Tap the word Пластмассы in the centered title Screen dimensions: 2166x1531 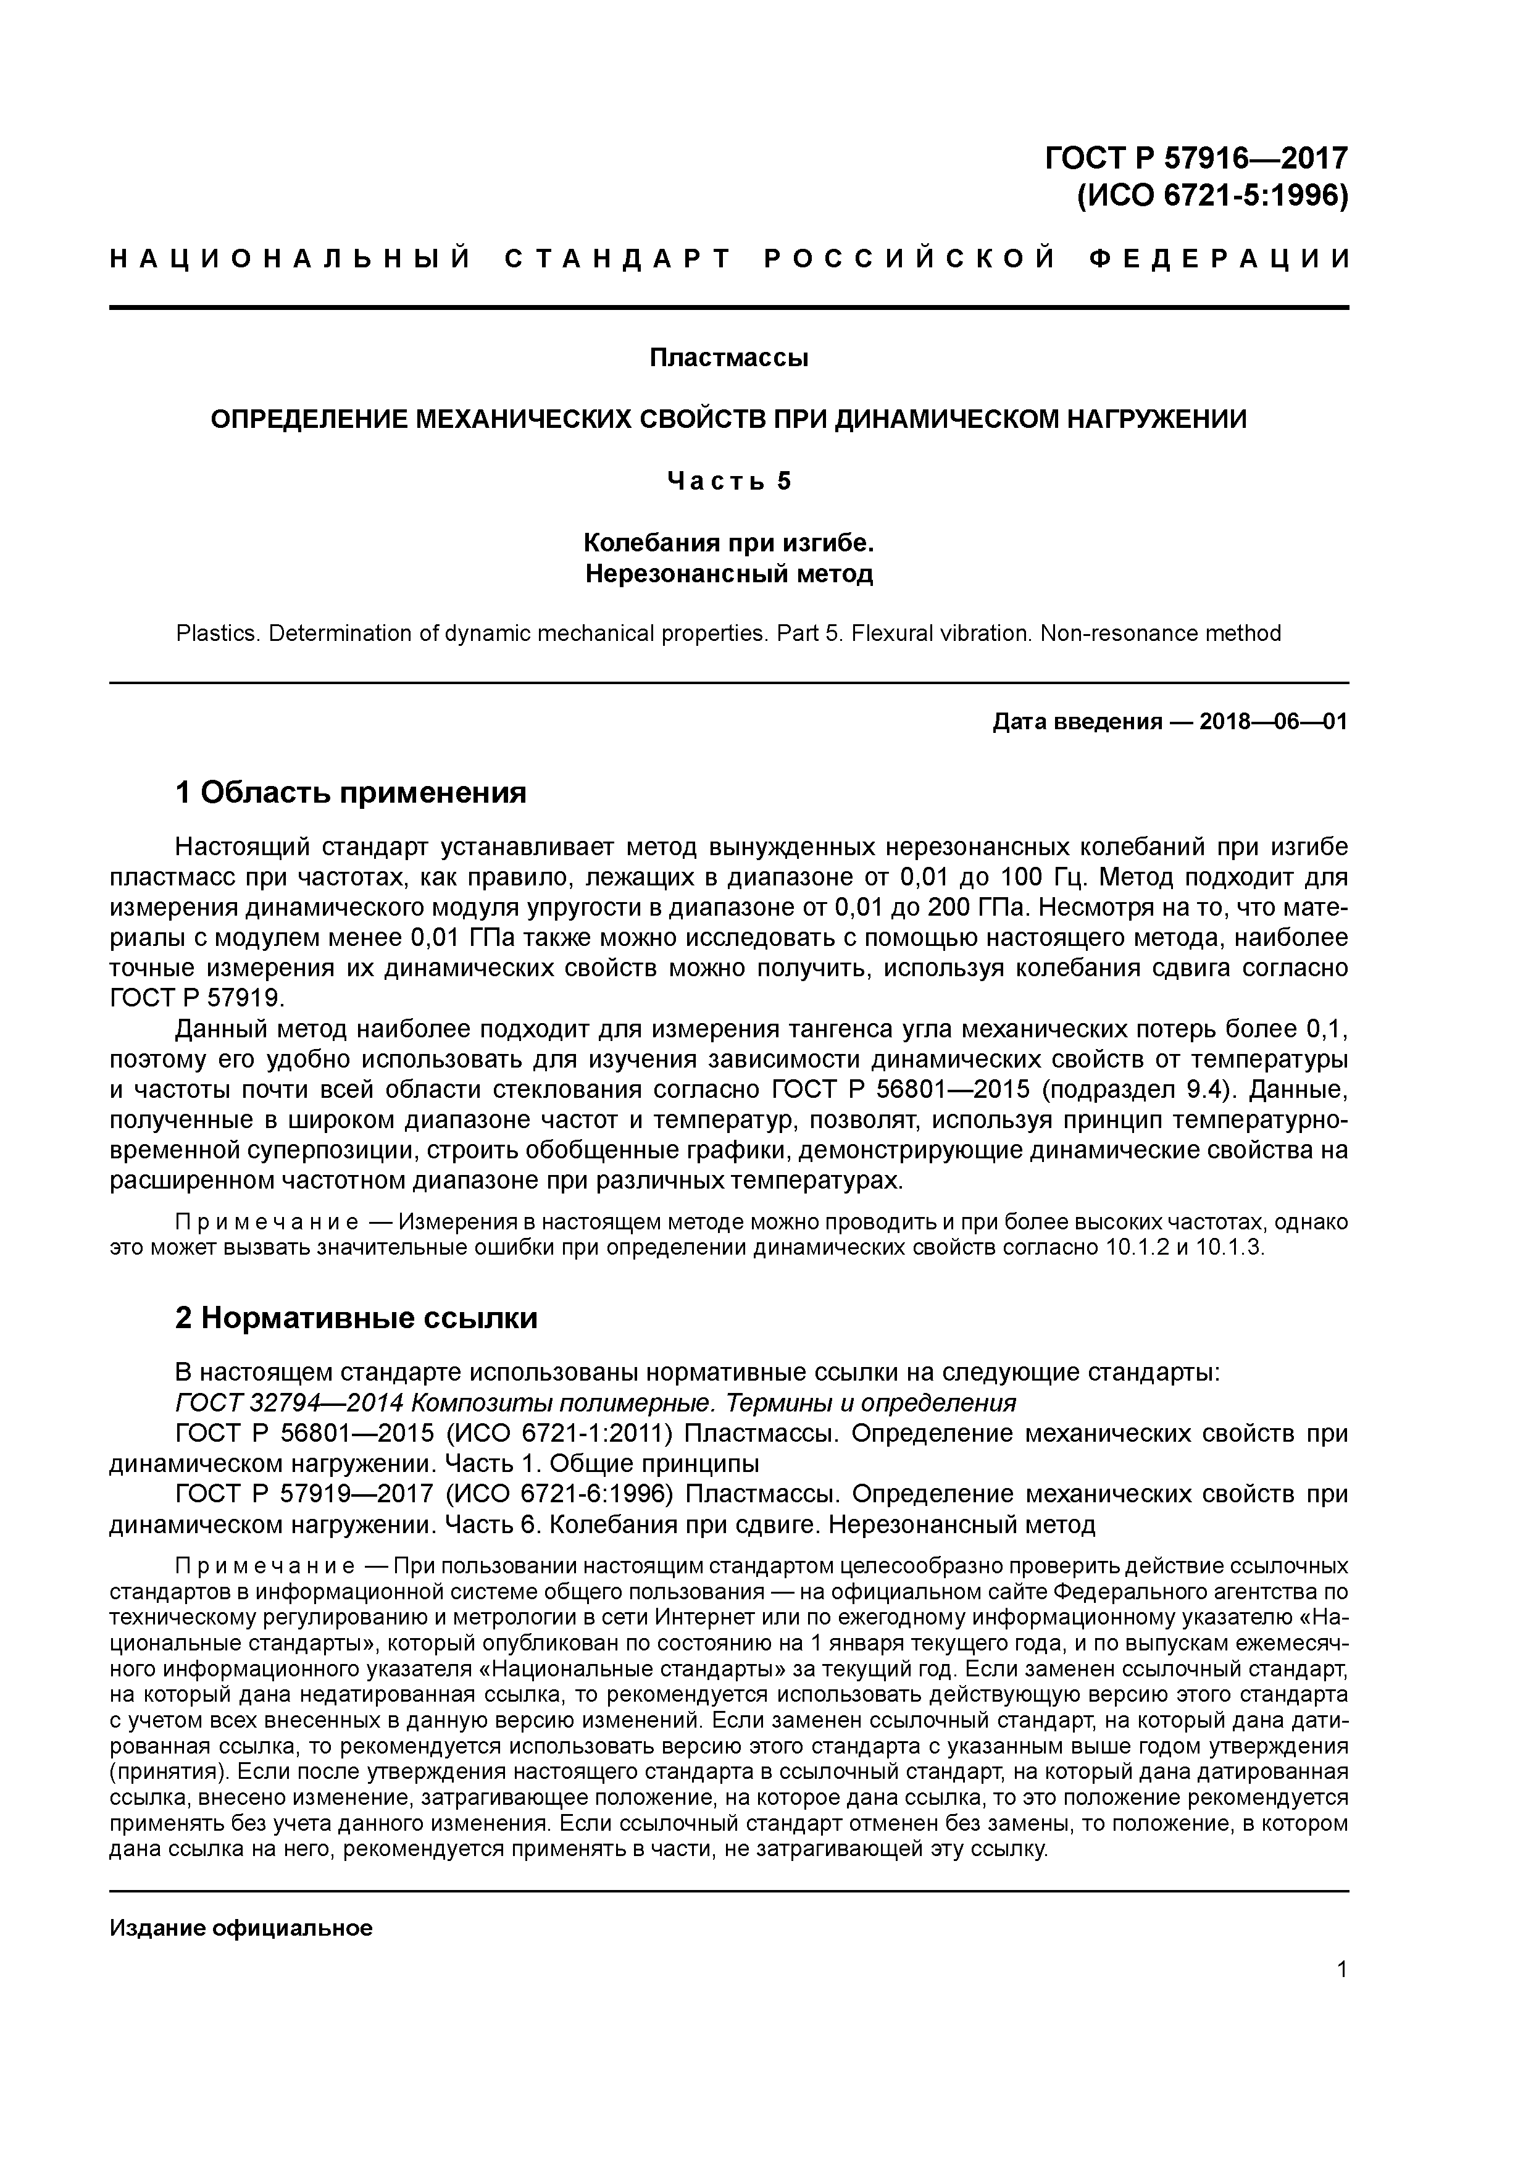pyautogui.click(x=728, y=359)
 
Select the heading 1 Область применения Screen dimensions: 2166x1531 pyautogui.click(x=351, y=792)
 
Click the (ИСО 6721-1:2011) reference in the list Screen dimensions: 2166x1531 pyautogui.click(x=559, y=1433)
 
